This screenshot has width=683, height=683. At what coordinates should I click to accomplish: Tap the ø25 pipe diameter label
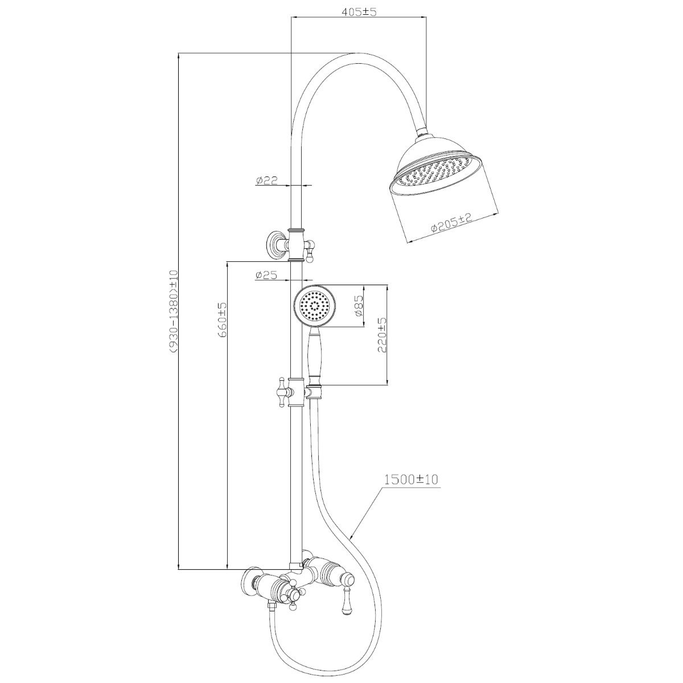[x=266, y=275]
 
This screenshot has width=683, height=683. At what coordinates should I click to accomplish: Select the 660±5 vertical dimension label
[x=223, y=320]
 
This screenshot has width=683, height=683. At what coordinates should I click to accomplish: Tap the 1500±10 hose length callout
[x=411, y=479]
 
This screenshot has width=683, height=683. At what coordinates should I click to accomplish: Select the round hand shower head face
[x=315, y=307]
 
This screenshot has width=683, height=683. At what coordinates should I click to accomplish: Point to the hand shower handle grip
[x=314, y=359]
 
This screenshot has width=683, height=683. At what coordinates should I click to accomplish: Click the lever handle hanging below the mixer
[x=346, y=603]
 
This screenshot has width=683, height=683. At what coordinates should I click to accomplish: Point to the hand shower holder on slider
[x=314, y=392]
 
